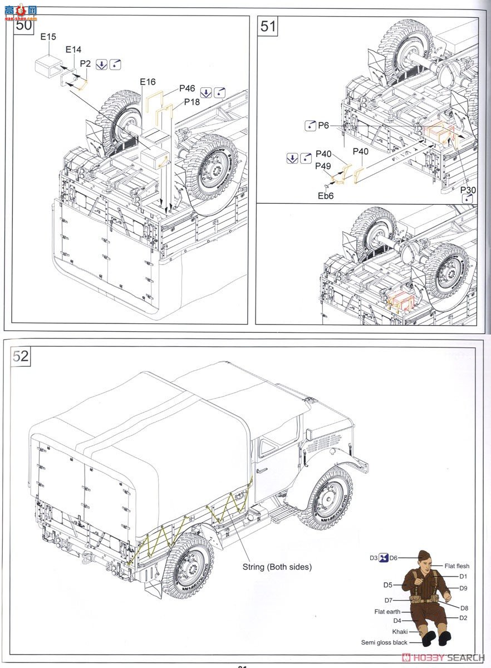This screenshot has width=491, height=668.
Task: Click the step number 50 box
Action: coord(23,24)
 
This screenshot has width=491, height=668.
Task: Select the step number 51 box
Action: coord(268,26)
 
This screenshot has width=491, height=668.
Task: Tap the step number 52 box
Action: coord(21,356)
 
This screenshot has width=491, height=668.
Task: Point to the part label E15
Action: coord(48,37)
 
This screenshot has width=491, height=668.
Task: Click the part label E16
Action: coord(148,82)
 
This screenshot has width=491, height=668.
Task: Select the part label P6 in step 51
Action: coord(324,126)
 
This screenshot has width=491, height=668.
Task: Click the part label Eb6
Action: coord(326,196)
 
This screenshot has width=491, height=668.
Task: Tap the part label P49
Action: coord(324,165)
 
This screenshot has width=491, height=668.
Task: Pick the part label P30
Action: coord(468,190)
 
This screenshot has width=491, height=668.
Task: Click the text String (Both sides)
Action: coord(277,567)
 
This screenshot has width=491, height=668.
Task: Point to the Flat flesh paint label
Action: coord(456,566)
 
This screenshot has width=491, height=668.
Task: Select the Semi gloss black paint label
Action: coord(384,642)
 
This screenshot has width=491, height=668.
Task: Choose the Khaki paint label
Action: coord(399,632)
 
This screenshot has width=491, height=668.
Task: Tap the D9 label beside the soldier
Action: coord(463,588)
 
